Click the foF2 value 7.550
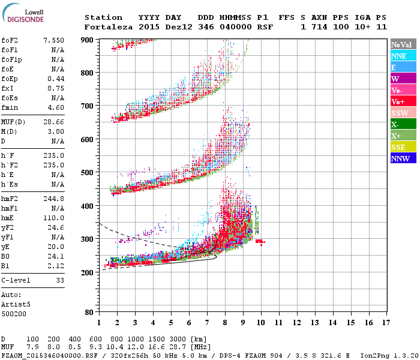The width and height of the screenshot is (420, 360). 53,40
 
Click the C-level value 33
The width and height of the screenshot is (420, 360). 60,280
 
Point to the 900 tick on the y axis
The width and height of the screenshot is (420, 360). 87,40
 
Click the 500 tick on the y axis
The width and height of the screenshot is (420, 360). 87,173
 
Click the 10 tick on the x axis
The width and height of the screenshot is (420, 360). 260,323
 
